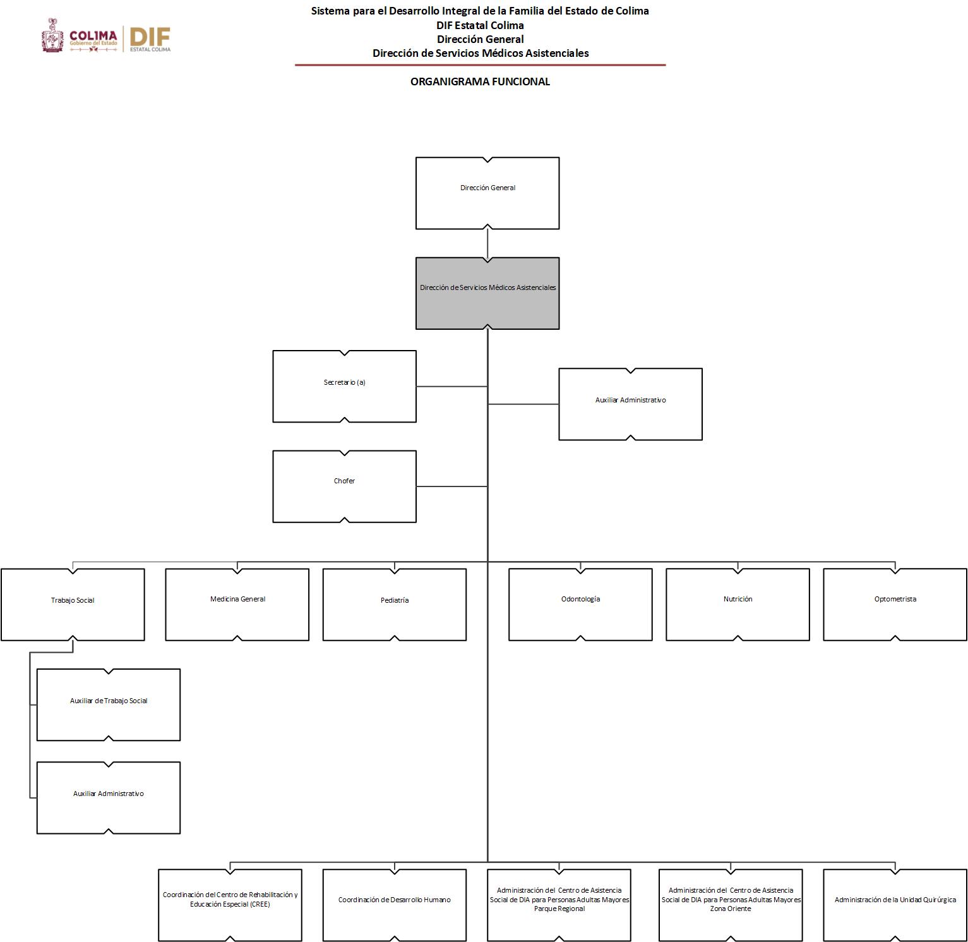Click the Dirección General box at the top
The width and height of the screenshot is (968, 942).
pyautogui.click(x=487, y=193)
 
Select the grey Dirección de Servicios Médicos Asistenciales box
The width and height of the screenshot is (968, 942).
pyautogui.click(x=487, y=293)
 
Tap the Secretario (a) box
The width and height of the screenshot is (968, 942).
pyautogui.click(x=344, y=386)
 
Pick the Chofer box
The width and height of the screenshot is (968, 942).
pyautogui.click(x=344, y=486)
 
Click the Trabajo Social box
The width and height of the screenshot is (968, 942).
pyautogui.click(x=73, y=604)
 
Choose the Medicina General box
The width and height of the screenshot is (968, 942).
pyautogui.click(x=237, y=604)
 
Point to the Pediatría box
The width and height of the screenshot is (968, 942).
pyautogui.click(x=394, y=604)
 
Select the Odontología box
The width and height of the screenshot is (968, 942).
pyautogui.click(x=580, y=604)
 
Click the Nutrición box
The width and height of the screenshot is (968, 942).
pyautogui.click(x=738, y=604)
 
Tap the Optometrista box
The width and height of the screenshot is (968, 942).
pyautogui.click(x=895, y=604)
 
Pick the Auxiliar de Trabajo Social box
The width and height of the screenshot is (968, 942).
pyautogui.click(x=109, y=704)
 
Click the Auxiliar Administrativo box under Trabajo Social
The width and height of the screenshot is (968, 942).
pyautogui.click(x=109, y=797)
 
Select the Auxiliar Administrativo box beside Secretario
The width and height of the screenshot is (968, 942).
pyautogui.click(x=630, y=404)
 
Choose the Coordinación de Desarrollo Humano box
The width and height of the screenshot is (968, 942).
pyautogui.click(x=394, y=905)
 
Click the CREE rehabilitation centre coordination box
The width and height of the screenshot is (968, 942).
pyautogui.click(x=230, y=905)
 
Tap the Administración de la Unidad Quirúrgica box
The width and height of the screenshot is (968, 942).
pyautogui.click(x=895, y=905)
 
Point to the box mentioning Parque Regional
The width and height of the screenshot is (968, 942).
pyautogui.click(x=559, y=905)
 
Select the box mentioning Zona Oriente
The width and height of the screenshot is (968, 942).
pyautogui.click(x=731, y=905)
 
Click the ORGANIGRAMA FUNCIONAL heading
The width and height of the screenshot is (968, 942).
pyautogui.click(x=480, y=82)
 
